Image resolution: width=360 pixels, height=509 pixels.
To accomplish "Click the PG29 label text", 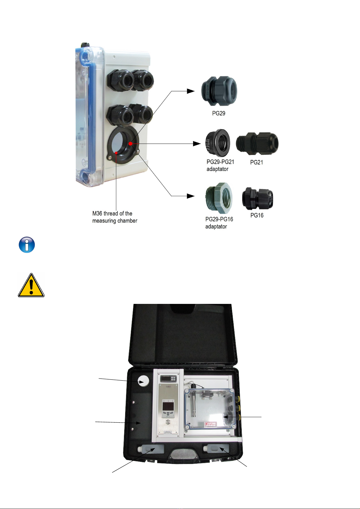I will pos(219,114).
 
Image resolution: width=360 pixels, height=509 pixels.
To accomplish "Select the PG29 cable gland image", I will pos(219,91).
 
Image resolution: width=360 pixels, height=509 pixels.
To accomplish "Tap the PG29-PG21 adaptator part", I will pos(217,144).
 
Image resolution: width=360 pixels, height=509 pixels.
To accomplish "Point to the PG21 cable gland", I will pos(257,144).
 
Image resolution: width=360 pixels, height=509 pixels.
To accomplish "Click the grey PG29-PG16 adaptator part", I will pos(219,198).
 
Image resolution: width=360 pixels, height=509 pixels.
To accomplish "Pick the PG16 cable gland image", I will pos(257,199).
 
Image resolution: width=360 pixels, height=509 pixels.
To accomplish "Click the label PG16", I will pos(257,215).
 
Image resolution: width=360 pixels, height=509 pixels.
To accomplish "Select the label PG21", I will pos(257,163).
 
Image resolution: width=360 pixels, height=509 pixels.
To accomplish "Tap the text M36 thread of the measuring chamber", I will pos(115,217).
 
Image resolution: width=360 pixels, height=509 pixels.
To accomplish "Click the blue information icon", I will pos(27,245).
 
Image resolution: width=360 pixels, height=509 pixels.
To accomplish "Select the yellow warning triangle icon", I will pos(31,285).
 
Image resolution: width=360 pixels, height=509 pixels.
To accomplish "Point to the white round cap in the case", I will pos(143,381).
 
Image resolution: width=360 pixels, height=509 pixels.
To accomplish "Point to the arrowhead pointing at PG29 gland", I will pos(191,91).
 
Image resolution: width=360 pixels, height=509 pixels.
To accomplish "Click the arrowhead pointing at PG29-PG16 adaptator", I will pos(191,196).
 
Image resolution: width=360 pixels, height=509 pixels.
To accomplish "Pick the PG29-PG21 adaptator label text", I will pos(220,166).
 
